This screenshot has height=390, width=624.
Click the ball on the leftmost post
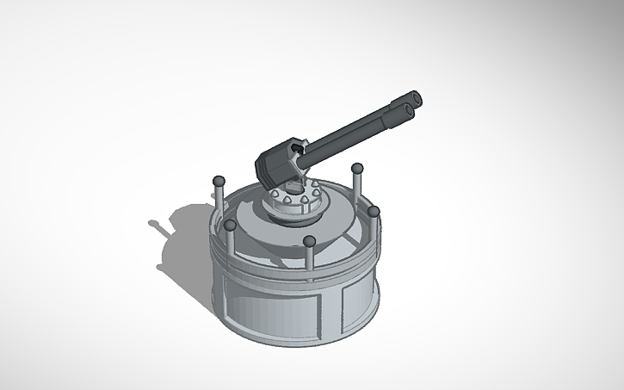pos(219,181)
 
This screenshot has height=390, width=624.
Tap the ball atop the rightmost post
pos(374,211)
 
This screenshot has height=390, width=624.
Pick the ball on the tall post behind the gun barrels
pos(356,167)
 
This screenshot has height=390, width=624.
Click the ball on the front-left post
pos(231,226)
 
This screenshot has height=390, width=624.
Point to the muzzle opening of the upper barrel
pos(417,96)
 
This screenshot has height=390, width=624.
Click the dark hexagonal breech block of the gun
pos(277,164)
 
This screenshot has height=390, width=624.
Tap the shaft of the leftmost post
pos(219,200)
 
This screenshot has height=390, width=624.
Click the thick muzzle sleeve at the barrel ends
pos(399,109)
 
